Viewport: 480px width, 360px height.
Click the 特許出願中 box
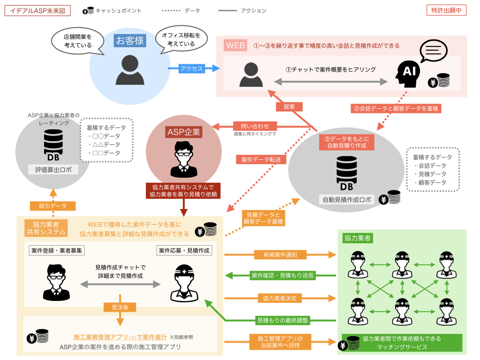[446, 10]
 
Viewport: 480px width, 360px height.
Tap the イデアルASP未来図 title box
[37, 11]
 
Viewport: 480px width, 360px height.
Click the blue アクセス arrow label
[192, 68]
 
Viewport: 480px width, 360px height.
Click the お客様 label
[130, 41]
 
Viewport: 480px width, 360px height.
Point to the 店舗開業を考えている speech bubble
[78, 41]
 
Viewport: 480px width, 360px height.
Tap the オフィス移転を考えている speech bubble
[181, 40]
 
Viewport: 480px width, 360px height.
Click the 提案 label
[289, 107]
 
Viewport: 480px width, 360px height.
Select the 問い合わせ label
[255, 126]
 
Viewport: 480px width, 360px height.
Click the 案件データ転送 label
[261, 159]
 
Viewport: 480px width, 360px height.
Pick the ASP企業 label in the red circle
[184, 132]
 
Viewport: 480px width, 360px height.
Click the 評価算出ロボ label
[53, 170]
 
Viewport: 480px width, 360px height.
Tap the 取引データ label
[52, 206]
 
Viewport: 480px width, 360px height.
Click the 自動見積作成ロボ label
[347, 200]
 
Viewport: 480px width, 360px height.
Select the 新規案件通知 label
[280, 255]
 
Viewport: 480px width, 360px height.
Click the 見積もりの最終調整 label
[283, 321]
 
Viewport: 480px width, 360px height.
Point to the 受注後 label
[120, 307]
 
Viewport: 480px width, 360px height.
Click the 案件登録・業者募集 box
[57, 250]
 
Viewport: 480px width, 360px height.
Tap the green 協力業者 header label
[358, 238]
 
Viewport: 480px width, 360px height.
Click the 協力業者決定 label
[279, 299]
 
